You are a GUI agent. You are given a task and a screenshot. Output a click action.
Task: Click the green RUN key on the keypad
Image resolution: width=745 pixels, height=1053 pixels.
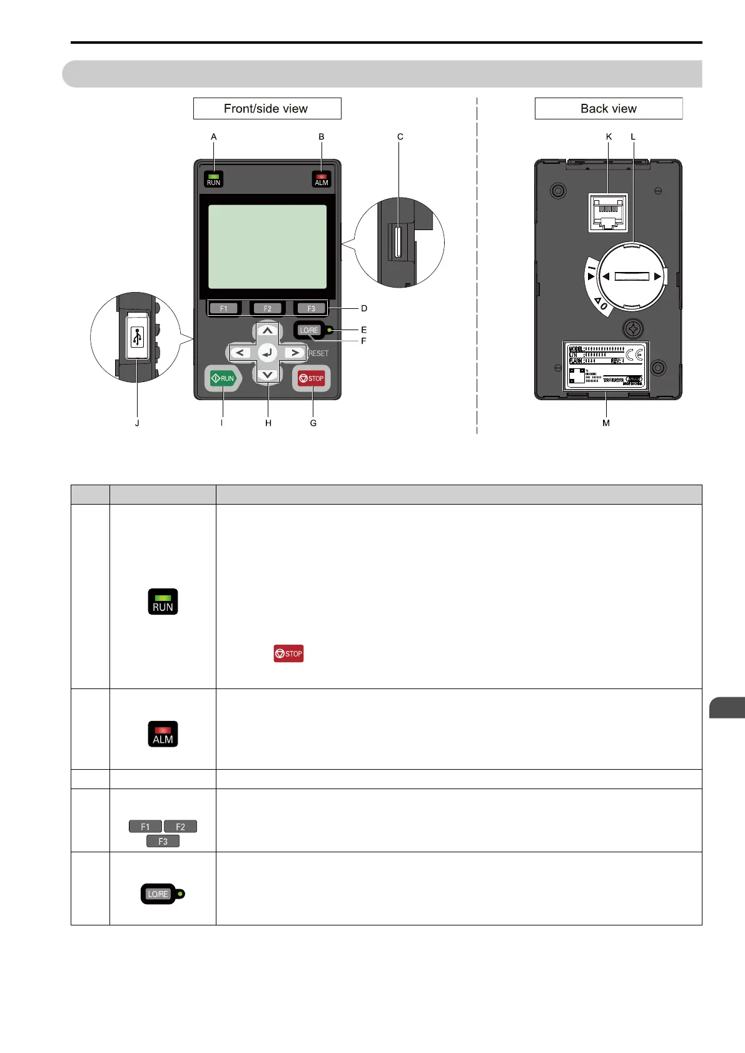pos(223,378)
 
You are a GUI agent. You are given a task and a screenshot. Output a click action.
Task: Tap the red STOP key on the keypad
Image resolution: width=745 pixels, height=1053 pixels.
pos(312,378)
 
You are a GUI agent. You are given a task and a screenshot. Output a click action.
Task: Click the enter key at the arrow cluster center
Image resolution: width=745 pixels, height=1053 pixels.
pos(268,353)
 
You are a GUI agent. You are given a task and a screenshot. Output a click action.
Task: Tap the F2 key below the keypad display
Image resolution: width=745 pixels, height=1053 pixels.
pos(268,308)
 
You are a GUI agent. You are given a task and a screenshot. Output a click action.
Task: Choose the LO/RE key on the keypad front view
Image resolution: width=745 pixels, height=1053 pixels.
pos(309,330)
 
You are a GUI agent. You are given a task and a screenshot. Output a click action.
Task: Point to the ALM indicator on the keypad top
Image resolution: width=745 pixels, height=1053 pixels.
pos(322,179)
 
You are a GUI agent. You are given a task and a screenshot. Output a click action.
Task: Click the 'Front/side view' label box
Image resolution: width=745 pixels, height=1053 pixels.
pos(267,109)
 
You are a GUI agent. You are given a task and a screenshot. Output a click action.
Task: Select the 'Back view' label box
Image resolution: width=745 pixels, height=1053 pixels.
pos(608,109)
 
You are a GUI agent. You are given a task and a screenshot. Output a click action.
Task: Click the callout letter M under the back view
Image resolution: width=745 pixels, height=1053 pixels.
pos(606,423)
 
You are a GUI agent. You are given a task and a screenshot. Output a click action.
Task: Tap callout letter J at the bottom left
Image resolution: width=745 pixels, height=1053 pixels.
pos(137,423)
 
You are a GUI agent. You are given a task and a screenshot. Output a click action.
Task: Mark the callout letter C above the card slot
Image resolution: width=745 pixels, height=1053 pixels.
pos(400,136)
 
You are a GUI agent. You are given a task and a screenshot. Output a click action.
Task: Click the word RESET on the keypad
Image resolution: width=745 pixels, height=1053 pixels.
pos(318,353)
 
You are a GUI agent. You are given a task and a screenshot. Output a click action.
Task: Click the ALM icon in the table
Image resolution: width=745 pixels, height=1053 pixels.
pos(163,734)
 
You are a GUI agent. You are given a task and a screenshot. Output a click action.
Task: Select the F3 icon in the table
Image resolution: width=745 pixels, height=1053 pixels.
pos(163,842)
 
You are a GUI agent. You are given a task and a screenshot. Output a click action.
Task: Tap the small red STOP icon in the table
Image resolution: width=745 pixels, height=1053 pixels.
pos(288,653)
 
